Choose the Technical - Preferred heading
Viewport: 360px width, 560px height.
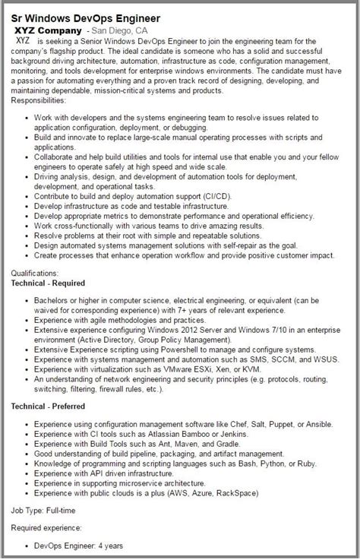coord(51,407)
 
